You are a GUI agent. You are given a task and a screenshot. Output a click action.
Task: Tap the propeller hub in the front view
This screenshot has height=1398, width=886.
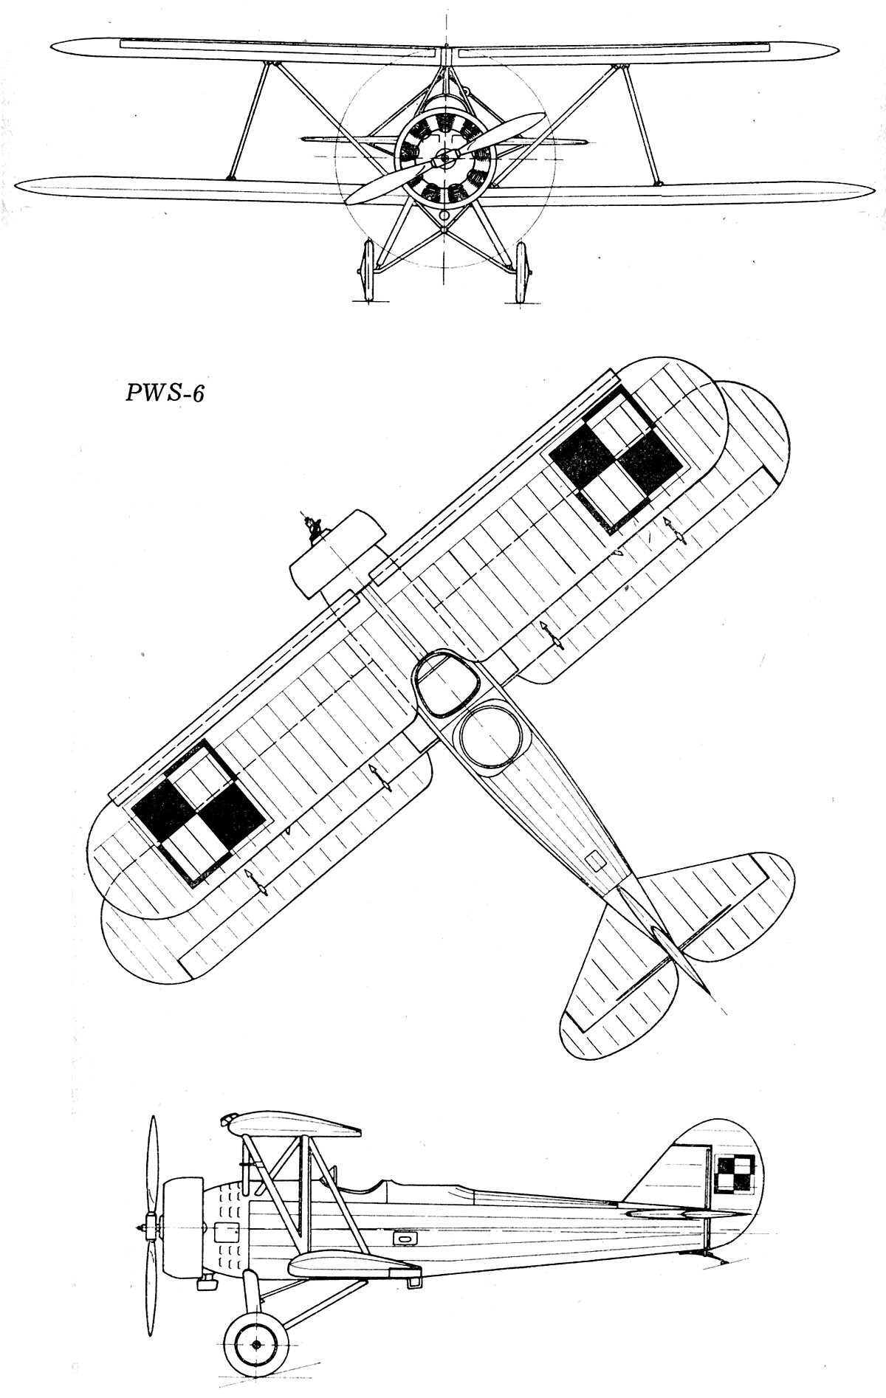click(443, 156)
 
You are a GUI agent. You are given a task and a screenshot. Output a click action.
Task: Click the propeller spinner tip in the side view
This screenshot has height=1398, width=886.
click(138, 1227)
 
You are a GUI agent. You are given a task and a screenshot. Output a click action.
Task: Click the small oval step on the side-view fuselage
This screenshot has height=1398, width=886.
click(404, 1238)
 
